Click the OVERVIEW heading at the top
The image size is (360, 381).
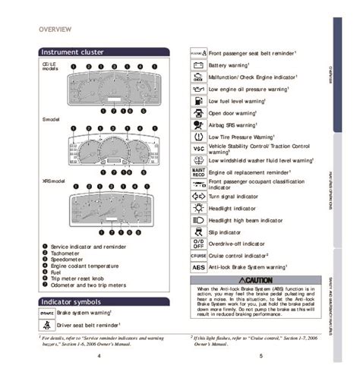point(55,29)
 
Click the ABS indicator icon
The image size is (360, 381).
point(197,267)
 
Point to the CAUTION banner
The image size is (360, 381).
point(258,280)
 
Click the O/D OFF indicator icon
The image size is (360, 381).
point(197,244)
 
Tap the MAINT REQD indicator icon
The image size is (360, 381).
point(197,172)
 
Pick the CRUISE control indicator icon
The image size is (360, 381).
point(197,256)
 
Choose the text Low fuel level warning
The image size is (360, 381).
point(242,101)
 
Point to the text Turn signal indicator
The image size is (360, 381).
point(236,195)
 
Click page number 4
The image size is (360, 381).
point(99,355)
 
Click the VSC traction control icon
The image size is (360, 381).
point(197,147)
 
